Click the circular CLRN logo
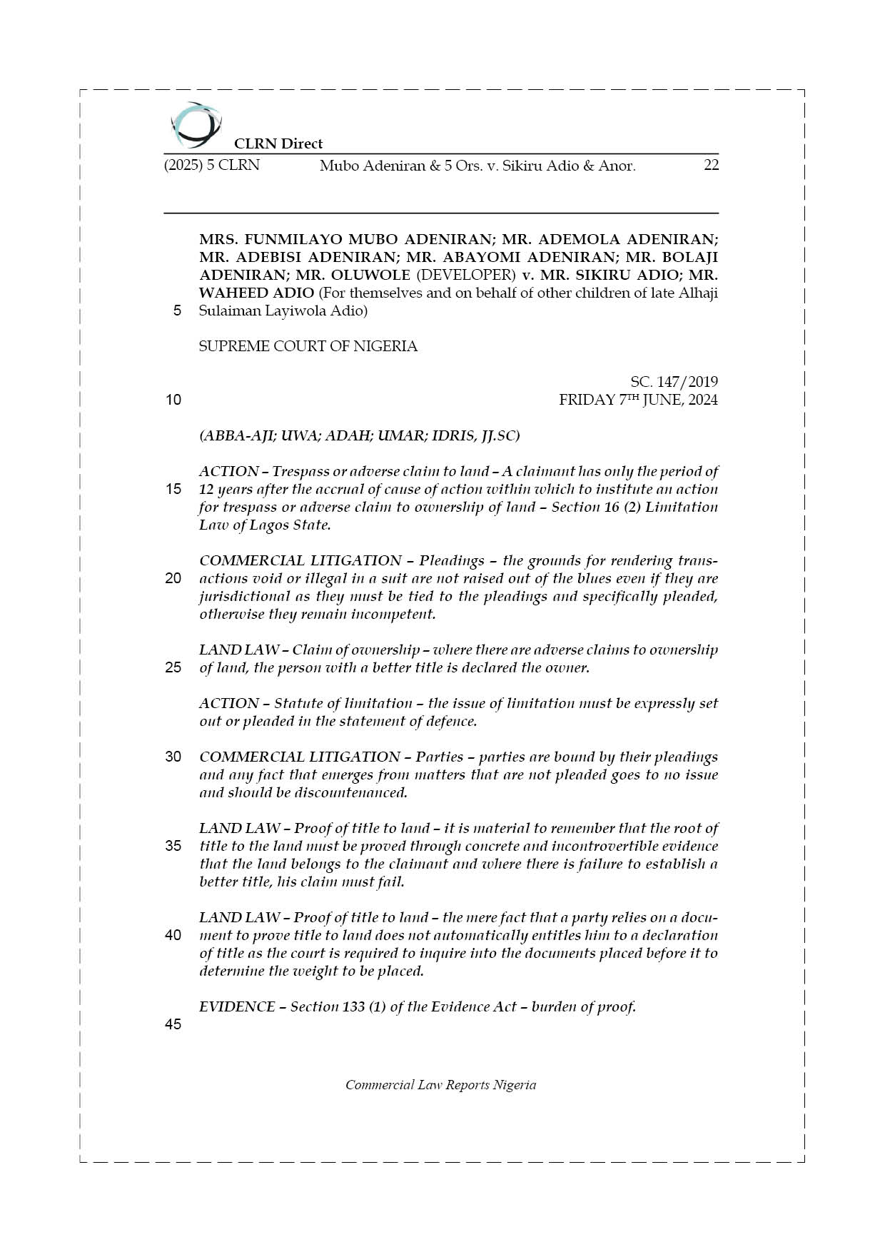click(x=196, y=125)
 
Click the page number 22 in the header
click(x=711, y=166)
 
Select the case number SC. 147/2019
click(x=674, y=382)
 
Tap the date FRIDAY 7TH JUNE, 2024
click(x=638, y=400)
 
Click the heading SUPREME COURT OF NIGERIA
click(x=308, y=346)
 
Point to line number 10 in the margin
click(x=173, y=400)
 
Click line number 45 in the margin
click(x=173, y=1024)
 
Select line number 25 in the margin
click(x=173, y=667)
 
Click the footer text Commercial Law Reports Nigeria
click(x=440, y=1085)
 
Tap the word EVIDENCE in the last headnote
click(x=237, y=1006)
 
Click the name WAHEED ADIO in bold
click(x=256, y=293)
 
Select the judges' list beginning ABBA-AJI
click(x=359, y=435)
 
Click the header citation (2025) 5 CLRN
click(x=212, y=166)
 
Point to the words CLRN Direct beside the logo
click(x=278, y=143)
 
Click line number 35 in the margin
click(x=173, y=846)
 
